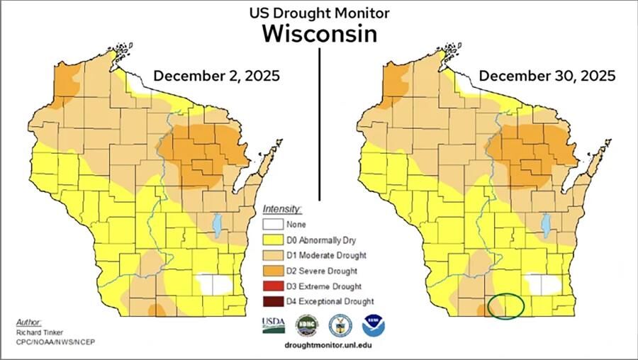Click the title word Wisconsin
pos(319,33)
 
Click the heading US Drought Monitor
pos(319,13)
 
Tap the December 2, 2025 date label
pos(216,76)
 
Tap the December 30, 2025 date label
pos(547,76)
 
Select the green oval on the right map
pos(505,306)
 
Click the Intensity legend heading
pos(282,209)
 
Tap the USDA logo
pos(273,325)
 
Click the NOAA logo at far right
pos(374,325)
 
